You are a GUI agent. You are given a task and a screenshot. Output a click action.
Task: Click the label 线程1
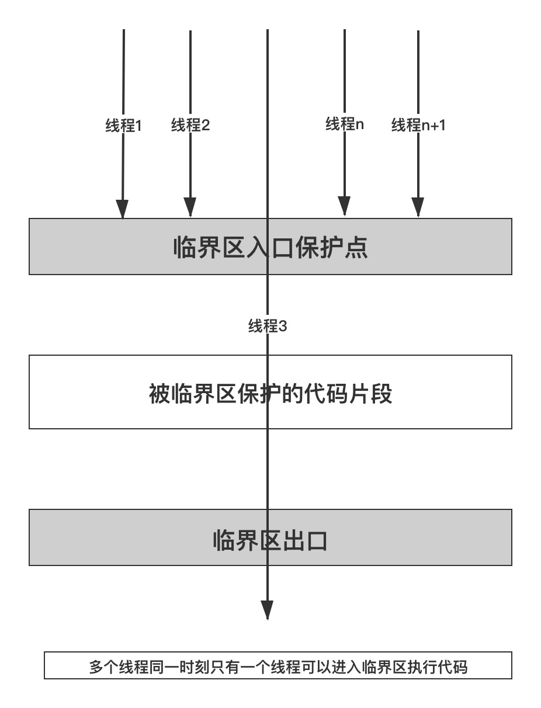(x=123, y=125)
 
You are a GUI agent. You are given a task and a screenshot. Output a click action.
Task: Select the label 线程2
(x=190, y=125)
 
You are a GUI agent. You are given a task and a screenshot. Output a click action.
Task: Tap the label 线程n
(x=345, y=124)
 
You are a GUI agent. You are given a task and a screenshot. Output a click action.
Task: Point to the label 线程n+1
(x=418, y=125)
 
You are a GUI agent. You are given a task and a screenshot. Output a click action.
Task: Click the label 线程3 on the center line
(x=268, y=326)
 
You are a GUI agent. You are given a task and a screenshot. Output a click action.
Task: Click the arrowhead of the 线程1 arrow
(x=122, y=209)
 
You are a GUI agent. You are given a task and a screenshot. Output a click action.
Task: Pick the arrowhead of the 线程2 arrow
(x=190, y=207)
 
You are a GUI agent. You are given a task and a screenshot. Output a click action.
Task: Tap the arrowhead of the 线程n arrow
(x=344, y=206)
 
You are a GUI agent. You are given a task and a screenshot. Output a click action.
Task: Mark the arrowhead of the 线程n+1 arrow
(x=418, y=207)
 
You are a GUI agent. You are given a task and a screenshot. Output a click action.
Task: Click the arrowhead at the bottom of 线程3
(x=267, y=610)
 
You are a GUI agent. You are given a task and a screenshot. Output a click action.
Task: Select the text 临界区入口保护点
(x=270, y=248)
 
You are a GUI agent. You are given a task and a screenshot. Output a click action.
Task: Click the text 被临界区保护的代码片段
(x=270, y=394)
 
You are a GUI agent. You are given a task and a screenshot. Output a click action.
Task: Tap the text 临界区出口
(x=270, y=540)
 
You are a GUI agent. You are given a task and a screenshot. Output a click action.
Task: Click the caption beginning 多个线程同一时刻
(x=278, y=667)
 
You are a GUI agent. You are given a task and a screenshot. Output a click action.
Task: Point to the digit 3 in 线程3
(x=283, y=326)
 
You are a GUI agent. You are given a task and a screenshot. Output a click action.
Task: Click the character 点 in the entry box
(x=356, y=248)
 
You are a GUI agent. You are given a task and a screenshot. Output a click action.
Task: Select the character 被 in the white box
(x=159, y=394)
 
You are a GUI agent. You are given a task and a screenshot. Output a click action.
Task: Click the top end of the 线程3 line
(x=268, y=30)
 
